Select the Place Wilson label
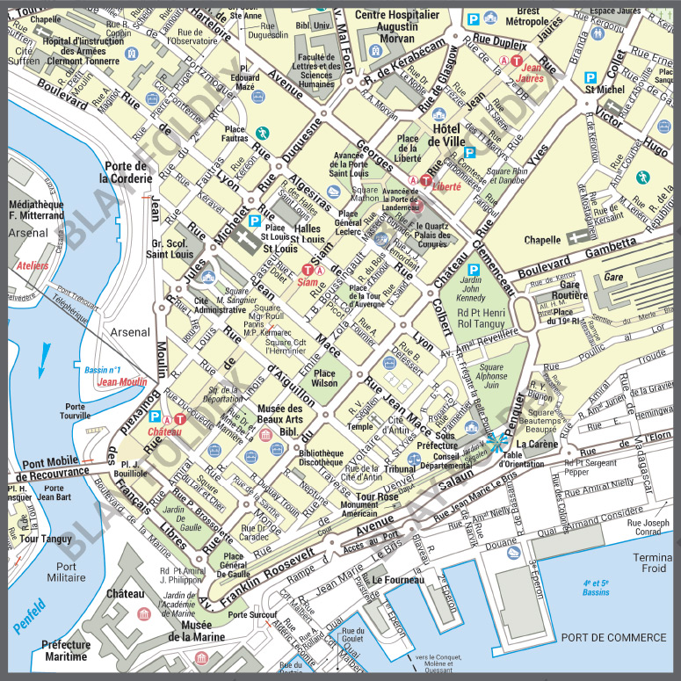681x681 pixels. [x=323, y=377]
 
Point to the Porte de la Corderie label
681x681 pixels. [x=125, y=173]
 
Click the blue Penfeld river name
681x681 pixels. [x=29, y=615]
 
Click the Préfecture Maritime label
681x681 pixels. [x=65, y=650]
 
